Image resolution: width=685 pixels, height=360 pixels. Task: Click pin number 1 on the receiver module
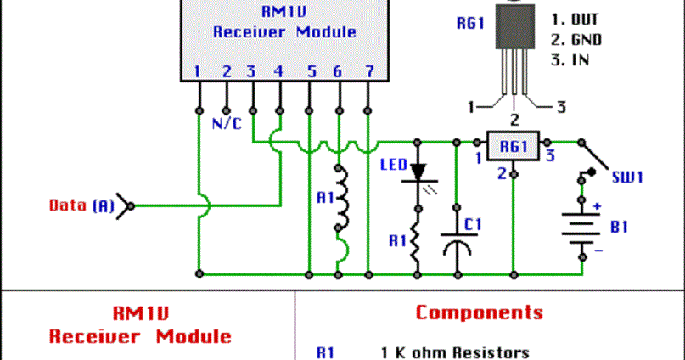click(197, 72)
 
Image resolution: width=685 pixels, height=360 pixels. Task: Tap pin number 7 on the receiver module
click(368, 72)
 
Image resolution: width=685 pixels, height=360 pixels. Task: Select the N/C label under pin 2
click(226, 123)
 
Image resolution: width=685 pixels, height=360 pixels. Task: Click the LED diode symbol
click(418, 172)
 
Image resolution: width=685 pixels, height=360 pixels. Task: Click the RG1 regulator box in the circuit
click(513, 146)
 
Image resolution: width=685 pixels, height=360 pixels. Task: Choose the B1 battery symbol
click(581, 227)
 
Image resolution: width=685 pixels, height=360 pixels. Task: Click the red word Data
click(68, 205)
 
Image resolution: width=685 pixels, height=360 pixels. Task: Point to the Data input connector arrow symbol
click(126, 205)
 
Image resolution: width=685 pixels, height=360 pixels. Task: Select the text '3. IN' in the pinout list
click(570, 59)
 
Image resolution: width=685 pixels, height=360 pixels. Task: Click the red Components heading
click(479, 312)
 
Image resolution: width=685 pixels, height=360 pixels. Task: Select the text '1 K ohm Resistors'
click(456, 352)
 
